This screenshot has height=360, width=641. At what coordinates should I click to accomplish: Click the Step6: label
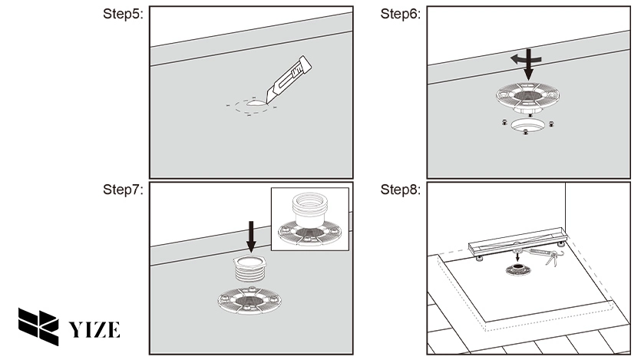point(400,15)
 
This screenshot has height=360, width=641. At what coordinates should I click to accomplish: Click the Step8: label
point(400,190)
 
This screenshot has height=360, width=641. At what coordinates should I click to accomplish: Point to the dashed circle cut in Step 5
point(250,107)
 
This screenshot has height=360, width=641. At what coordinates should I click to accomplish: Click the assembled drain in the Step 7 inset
point(309,223)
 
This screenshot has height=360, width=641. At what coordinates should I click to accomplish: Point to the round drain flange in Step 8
point(517,269)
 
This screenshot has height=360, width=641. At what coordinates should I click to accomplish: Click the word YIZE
point(95,330)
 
